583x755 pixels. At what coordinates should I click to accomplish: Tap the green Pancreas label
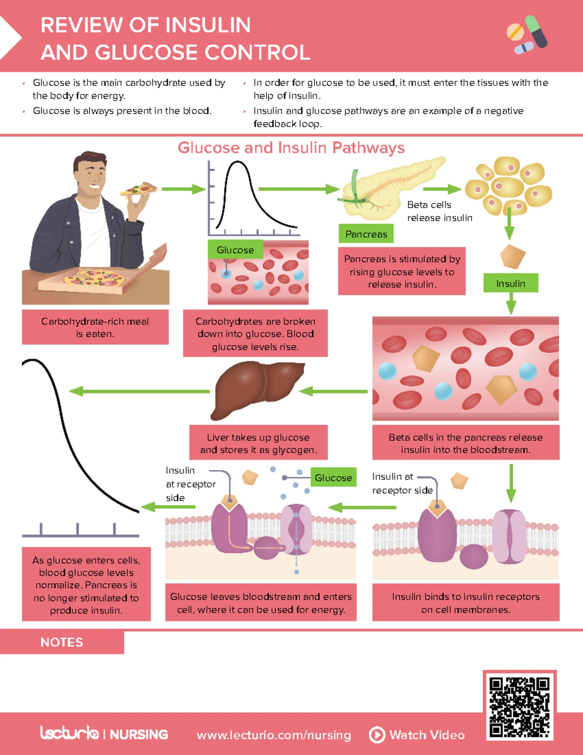pyautogui.click(x=366, y=234)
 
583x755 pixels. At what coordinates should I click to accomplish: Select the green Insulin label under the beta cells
pyautogui.click(x=511, y=283)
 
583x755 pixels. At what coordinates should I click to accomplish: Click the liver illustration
pyautogui.click(x=258, y=389)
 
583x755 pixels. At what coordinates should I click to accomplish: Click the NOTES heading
pyautogui.click(x=62, y=642)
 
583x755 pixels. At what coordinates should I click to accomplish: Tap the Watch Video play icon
pyautogui.click(x=377, y=735)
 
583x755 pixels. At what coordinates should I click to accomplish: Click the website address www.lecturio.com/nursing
pyautogui.click(x=274, y=735)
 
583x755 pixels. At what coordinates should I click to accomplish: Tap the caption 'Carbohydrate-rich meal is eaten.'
pyautogui.click(x=95, y=327)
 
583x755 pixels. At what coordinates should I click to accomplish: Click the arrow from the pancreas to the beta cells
pyautogui.click(x=442, y=189)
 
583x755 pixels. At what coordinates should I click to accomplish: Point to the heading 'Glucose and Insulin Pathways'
pyautogui.click(x=291, y=147)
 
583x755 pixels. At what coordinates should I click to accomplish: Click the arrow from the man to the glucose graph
pyautogui.click(x=184, y=189)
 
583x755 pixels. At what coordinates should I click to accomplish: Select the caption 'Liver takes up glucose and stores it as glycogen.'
pyautogui.click(x=258, y=443)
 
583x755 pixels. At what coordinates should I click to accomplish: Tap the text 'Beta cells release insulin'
pyautogui.click(x=439, y=211)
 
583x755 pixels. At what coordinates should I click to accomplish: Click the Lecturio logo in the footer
pyautogui.click(x=69, y=733)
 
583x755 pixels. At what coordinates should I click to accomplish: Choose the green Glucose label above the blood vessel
pyautogui.click(x=235, y=250)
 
